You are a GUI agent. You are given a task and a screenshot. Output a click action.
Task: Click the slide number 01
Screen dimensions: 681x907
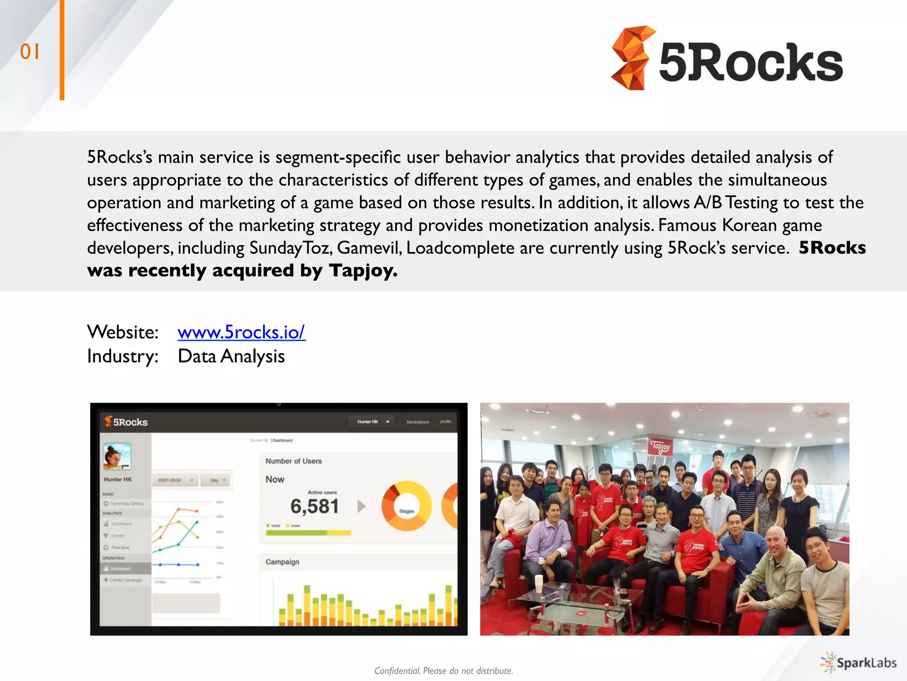30,52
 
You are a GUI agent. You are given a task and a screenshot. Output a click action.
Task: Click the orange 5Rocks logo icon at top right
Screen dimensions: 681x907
631,58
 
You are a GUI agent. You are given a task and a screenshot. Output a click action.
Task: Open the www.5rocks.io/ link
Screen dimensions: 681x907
241,332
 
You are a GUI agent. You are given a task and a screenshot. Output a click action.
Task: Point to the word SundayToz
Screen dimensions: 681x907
290,248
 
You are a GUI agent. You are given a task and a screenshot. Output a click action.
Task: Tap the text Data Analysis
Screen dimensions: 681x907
231,356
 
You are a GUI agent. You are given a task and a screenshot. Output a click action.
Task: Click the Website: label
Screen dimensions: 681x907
123,332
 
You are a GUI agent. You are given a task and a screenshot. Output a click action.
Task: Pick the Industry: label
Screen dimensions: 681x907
123,356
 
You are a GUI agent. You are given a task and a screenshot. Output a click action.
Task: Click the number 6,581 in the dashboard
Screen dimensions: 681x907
314,506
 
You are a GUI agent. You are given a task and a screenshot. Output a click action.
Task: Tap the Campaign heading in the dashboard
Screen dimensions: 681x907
282,562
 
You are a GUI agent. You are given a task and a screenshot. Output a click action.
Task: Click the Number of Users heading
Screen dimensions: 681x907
294,461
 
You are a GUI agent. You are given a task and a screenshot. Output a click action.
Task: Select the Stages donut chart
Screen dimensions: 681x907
406,506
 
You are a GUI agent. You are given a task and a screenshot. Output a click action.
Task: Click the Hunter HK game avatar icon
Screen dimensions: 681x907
117,456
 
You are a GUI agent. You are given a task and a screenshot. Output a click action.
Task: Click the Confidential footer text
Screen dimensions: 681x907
444,671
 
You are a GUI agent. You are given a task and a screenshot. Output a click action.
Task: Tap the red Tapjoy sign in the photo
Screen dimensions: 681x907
660,446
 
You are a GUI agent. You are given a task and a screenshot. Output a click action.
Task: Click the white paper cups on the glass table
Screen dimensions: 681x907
539,583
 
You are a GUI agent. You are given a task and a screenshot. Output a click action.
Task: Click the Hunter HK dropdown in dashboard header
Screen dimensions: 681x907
373,422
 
